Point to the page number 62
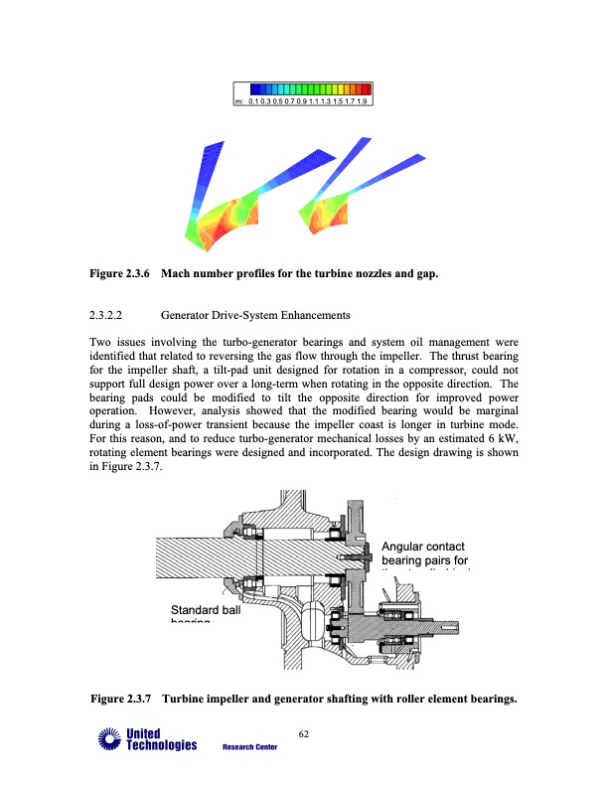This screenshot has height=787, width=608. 304,734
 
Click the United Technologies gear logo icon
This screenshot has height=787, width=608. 106,739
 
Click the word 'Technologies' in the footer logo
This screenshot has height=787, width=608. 159,746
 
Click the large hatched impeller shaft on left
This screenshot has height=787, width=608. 199,557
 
